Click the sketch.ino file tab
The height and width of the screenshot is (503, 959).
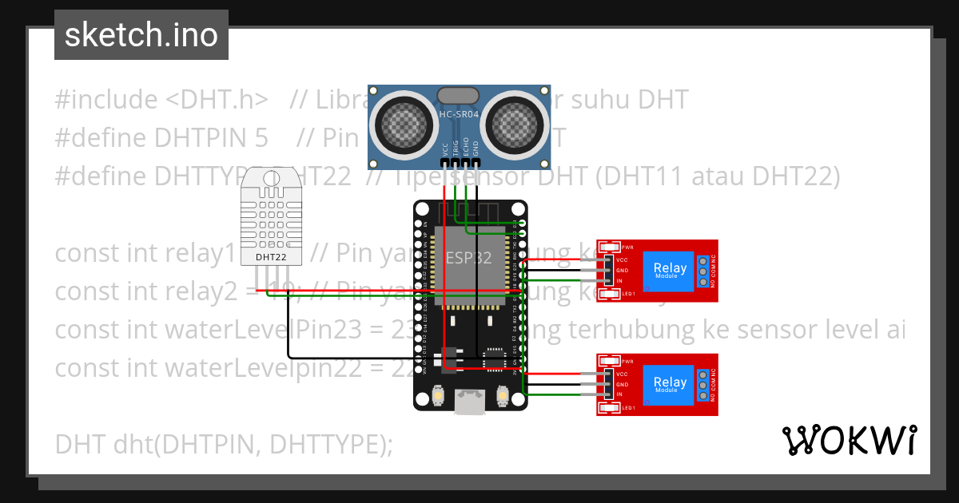click(141, 35)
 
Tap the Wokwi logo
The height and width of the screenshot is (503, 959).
click(849, 440)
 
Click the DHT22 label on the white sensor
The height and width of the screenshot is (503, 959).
click(270, 257)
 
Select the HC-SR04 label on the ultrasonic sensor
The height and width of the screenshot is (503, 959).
click(458, 115)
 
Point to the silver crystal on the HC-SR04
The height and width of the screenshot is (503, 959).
click(458, 95)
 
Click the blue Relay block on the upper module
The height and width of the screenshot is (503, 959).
click(670, 271)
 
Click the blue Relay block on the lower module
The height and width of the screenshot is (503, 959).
click(670, 384)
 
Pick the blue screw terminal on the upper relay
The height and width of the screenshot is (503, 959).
click(703, 271)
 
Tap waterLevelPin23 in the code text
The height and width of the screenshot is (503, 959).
click(256, 330)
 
